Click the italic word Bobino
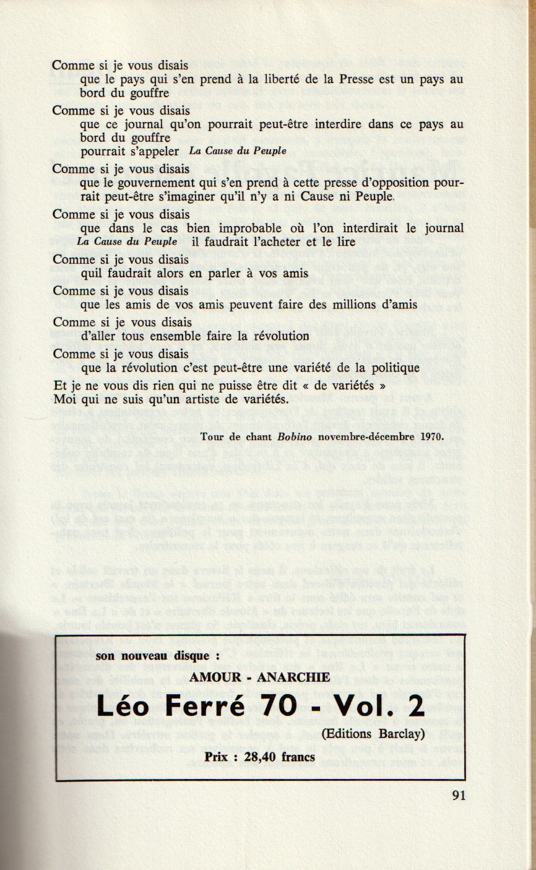296,436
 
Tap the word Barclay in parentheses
399,734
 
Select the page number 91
458,796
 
